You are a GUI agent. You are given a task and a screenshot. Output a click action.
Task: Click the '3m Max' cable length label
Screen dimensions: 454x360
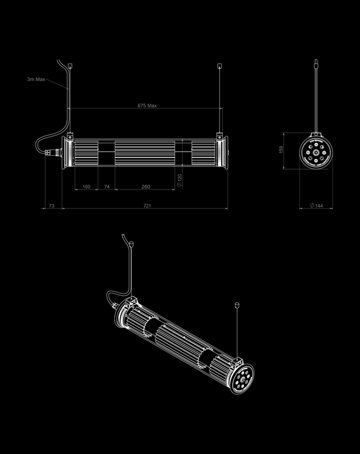pos(36,79)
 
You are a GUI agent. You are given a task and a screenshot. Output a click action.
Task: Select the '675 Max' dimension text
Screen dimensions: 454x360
pos(147,106)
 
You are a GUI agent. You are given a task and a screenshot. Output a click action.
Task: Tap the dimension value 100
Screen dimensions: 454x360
pos(86,186)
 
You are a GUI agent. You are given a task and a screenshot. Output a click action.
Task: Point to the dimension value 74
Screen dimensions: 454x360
pos(107,186)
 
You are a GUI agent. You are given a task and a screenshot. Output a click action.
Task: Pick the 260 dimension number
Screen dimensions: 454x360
pos(146,186)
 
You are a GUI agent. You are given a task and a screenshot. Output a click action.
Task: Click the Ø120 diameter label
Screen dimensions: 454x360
pos(179,179)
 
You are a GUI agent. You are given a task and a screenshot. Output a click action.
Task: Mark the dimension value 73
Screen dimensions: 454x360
pos(51,206)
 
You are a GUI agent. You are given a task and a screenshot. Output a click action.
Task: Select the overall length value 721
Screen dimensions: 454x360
pos(147,206)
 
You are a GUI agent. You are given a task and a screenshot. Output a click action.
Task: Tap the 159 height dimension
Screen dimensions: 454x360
pos(281,149)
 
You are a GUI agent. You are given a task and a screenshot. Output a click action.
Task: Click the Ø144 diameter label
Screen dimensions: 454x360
pos(317,206)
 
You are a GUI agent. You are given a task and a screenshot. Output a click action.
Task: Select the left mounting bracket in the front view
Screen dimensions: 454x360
pos(69,136)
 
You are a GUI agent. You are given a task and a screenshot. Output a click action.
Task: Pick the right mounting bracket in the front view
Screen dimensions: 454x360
pos(220,136)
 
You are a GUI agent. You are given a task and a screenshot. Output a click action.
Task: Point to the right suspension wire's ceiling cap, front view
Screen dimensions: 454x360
pos(220,67)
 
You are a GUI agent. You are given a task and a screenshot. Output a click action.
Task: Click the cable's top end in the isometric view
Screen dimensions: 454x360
pos(131,244)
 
